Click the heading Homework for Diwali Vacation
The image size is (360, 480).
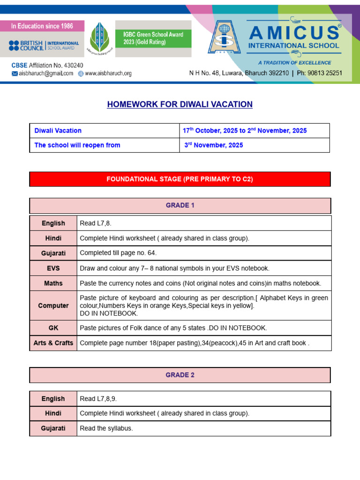[x=180, y=104]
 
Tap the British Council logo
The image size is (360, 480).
[x=44, y=45]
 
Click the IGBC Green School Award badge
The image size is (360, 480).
[x=153, y=38]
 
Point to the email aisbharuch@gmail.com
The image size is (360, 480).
[x=42, y=73]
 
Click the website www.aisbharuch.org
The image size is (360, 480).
[x=105, y=73]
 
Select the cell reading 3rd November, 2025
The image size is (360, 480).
[x=214, y=145]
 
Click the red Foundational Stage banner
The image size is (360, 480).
[x=180, y=179]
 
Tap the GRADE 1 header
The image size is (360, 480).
[x=180, y=206]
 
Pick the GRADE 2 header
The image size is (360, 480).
[x=180, y=375]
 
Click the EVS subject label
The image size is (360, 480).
[x=53, y=268]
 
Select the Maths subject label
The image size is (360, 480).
[x=53, y=283]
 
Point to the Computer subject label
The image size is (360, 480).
[x=53, y=306]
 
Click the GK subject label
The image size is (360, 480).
[x=53, y=328]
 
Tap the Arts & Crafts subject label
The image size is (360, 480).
[x=53, y=343]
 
